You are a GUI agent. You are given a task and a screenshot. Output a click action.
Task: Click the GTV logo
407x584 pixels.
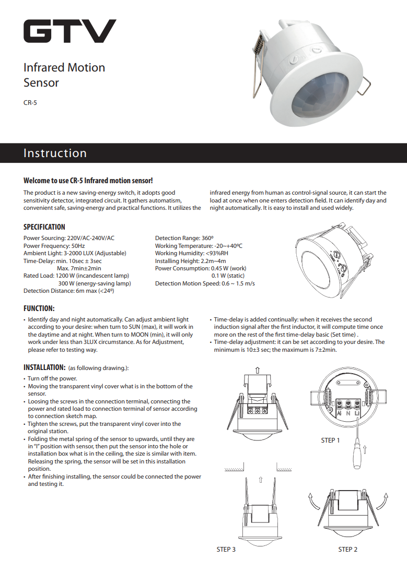point(69,31)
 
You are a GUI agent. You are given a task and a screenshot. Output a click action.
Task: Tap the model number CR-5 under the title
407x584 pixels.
point(30,103)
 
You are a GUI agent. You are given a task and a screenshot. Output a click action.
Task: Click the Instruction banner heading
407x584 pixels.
point(55,153)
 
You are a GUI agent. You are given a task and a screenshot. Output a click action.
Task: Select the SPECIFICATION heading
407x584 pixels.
point(44,227)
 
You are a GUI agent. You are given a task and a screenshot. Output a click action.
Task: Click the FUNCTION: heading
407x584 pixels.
point(39,308)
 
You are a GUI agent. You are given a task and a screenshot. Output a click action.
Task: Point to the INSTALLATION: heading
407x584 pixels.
point(44,367)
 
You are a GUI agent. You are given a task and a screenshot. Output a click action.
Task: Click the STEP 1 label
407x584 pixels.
point(330,440)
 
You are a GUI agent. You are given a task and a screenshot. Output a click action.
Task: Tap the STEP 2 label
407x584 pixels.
point(348,549)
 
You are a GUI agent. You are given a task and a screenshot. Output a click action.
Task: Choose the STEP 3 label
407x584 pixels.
point(226,549)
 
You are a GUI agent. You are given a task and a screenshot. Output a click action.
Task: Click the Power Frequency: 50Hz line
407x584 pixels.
point(54,246)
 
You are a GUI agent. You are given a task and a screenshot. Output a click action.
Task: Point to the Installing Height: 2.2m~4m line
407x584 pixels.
point(190,261)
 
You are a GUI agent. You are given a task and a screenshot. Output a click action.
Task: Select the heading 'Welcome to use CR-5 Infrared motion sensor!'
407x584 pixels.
point(88,181)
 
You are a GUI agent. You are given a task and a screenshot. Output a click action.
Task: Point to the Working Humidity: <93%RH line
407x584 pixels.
point(191,253)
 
